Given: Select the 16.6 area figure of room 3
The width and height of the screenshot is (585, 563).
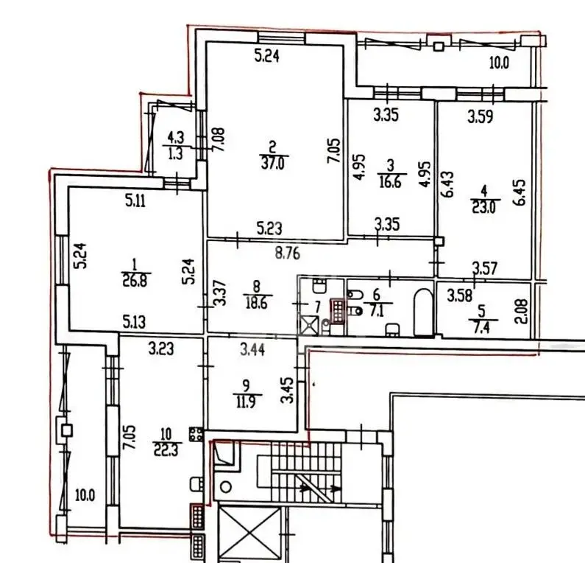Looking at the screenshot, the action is [x=391, y=182].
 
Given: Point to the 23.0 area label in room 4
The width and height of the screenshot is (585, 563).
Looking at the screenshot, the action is [x=484, y=206].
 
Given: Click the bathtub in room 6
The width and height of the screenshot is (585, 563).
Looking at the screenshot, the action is [x=423, y=312].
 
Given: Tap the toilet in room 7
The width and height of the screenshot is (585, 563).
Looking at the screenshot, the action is [x=319, y=285].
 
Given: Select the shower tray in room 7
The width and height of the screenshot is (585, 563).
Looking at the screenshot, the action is [x=309, y=326].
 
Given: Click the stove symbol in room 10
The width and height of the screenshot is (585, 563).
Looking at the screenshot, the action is [x=196, y=434].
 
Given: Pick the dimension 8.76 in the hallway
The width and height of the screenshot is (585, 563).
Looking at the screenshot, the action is [x=287, y=253].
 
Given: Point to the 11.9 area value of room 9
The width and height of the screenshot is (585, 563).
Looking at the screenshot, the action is [x=247, y=402].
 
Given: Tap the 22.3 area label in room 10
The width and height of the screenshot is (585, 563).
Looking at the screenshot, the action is [x=166, y=450].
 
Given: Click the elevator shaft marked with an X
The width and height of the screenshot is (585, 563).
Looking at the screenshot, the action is [x=249, y=534].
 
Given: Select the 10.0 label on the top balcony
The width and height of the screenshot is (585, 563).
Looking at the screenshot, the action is [x=499, y=63].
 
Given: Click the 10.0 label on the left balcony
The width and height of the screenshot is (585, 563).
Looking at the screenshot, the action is [x=85, y=496].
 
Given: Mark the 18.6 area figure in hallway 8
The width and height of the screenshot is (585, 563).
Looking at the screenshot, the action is [x=257, y=303].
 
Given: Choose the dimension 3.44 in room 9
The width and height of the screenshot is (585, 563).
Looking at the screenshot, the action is [x=252, y=350].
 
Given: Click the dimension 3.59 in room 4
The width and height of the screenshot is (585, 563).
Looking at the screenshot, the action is [x=481, y=117].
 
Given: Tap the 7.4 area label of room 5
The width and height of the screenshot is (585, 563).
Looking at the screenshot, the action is [x=482, y=328].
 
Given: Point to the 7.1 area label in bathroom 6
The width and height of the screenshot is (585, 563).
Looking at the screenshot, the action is [x=376, y=311].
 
